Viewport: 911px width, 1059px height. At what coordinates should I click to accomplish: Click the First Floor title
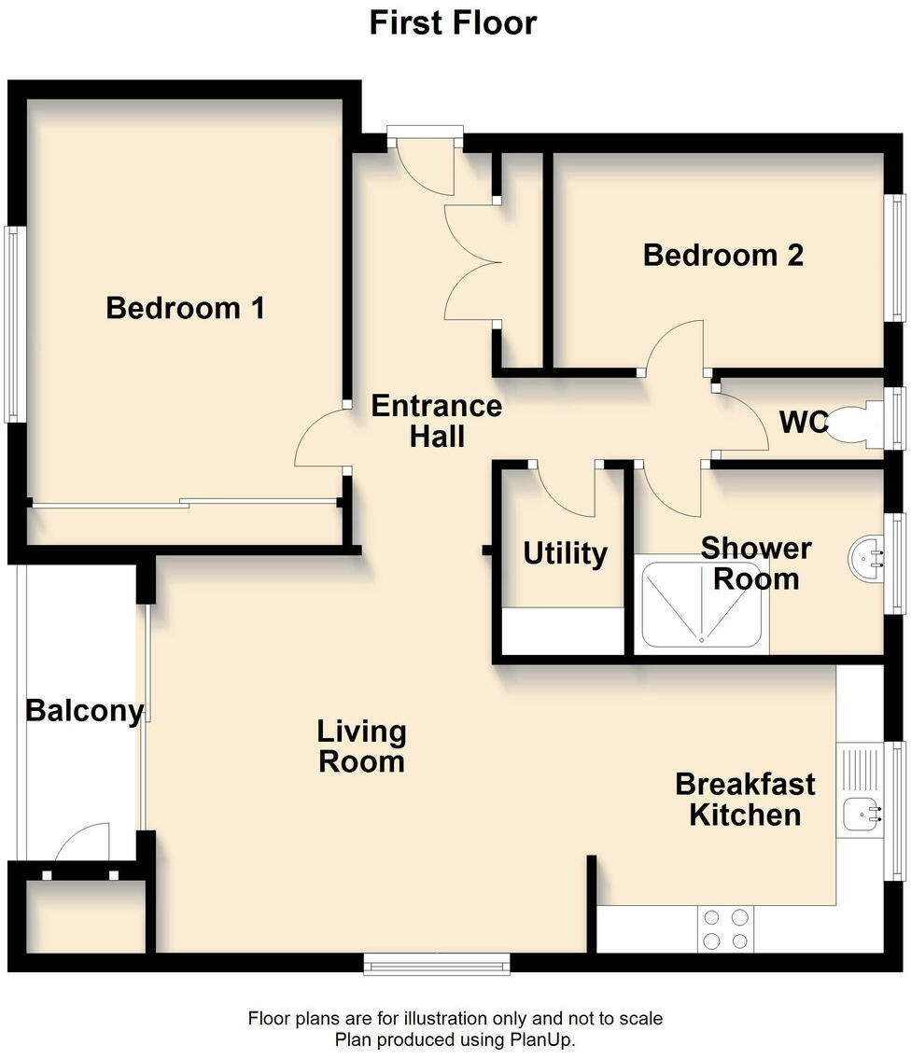click(x=453, y=22)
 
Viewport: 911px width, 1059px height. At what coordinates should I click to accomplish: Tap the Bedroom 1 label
click(x=186, y=307)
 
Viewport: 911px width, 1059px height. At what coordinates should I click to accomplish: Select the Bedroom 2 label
click(x=723, y=255)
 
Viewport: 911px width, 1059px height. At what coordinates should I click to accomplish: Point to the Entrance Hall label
click(x=436, y=421)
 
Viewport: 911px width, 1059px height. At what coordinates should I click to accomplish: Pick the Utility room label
click(x=565, y=553)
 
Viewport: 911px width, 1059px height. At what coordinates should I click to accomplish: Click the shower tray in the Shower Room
click(x=702, y=604)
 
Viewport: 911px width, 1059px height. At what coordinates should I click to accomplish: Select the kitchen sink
click(x=861, y=813)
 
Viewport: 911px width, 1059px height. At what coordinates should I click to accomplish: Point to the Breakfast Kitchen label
click(x=745, y=799)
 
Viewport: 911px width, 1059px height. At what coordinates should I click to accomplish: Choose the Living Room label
click(x=361, y=746)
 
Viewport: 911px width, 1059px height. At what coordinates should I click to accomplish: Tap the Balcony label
click(x=84, y=711)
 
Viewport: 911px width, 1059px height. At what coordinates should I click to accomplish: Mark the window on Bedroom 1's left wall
click(x=13, y=324)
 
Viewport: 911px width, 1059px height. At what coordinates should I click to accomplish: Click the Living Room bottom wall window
click(x=437, y=963)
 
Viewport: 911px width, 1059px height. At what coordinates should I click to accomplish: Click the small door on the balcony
click(x=82, y=843)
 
